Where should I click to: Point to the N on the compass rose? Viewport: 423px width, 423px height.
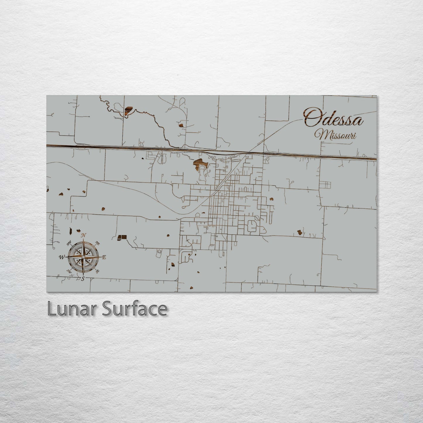pos(84,235)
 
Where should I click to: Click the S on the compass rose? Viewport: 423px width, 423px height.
pos(83,278)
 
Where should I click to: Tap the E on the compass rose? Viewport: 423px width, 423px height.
pos(104,257)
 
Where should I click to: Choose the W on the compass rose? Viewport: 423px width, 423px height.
pos(62,257)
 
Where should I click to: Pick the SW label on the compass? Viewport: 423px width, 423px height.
pos(69,271)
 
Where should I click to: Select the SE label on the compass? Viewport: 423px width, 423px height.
pos(97,271)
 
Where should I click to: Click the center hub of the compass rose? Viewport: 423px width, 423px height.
pos(83,257)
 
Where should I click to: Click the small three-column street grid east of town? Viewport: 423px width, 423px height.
pos(327,185)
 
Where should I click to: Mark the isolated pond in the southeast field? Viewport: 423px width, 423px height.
pos(300,232)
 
